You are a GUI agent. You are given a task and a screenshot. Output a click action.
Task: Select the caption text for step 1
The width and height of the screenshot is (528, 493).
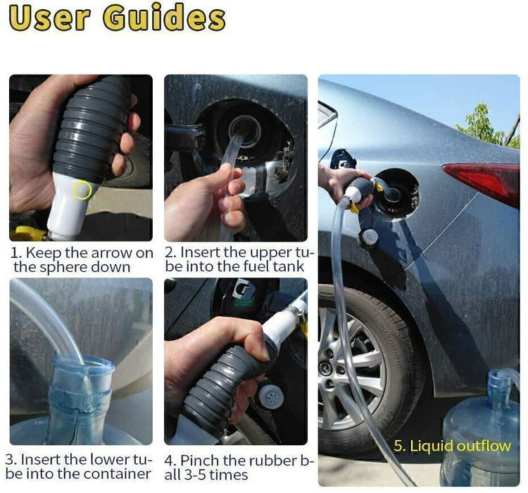(82, 260)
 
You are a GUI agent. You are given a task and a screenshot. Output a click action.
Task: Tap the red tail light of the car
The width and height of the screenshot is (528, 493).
(485, 180)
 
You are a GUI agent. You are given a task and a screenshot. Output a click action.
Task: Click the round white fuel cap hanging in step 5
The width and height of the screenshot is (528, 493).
(369, 236)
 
